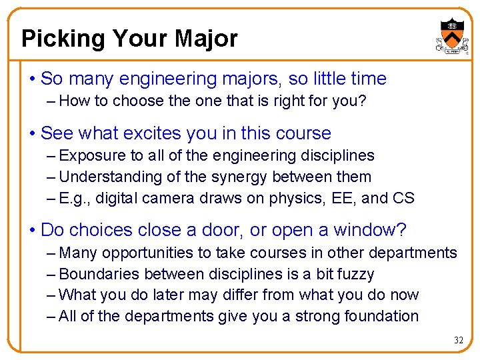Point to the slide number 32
click(x=459, y=340)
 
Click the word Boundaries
click(x=97, y=275)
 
